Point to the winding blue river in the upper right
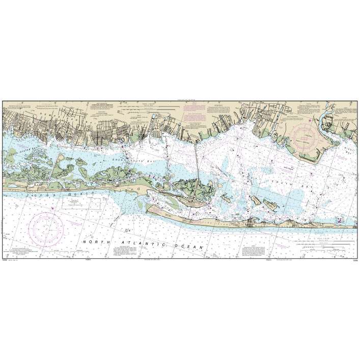coord(323,118)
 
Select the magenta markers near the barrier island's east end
coord(340,221)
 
